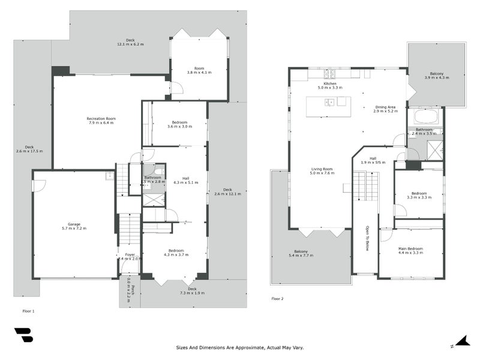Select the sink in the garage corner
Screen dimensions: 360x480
(108, 176)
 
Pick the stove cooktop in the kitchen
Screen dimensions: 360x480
(329, 74)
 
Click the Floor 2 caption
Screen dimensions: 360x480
(278, 298)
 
